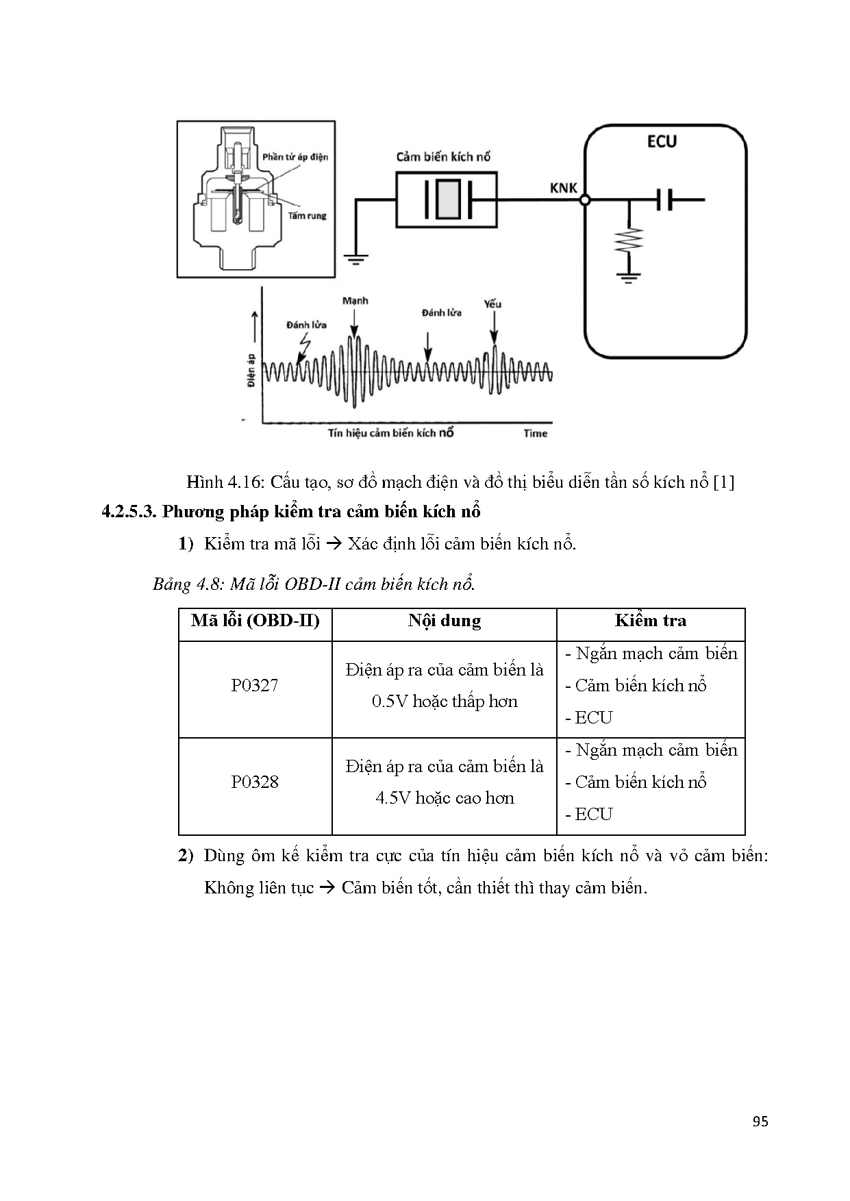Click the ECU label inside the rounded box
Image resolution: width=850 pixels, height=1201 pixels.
pos(661,142)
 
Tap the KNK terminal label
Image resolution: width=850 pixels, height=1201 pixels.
pos(564,188)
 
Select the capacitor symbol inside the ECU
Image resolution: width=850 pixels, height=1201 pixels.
pos(663,200)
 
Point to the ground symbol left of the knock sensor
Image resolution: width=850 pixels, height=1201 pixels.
pos(356,258)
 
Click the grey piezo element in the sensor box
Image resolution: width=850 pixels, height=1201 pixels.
pos(449,199)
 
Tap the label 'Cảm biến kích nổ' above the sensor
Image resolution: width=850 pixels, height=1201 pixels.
pos(443,157)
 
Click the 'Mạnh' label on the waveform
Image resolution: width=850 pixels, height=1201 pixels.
pos(355,301)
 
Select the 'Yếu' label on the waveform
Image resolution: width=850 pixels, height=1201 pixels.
pos(492,304)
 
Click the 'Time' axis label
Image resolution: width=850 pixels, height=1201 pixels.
pos(535,433)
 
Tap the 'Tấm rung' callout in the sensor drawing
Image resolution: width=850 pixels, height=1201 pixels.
pos(307,216)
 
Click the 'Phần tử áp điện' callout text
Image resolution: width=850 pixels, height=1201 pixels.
pos(295,157)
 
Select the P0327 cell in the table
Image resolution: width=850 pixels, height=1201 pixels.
pos(255,686)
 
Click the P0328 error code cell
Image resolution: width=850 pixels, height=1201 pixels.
pos(255,782)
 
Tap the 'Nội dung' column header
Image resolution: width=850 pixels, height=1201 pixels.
pos(444,621)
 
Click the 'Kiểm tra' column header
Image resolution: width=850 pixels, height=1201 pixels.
pos(650,621)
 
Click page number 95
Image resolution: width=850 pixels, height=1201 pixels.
pos(760,1122)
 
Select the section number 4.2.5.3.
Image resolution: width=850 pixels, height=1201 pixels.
pos(129,512)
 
